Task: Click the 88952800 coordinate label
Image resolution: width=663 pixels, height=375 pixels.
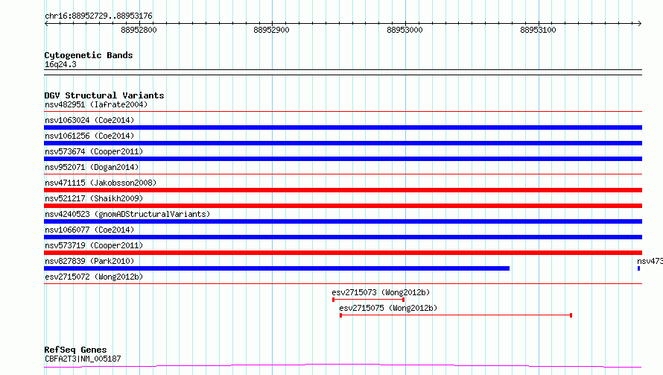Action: point(139,30)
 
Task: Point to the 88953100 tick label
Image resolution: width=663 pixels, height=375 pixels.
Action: point(538,30)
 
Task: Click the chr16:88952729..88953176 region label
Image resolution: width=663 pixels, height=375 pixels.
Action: point(98,16)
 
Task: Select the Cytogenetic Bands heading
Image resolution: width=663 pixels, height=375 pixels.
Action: point(89,55)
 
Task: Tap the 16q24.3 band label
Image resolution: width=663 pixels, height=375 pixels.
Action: point(60,64)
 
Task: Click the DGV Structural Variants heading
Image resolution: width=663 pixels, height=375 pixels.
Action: point(104,95)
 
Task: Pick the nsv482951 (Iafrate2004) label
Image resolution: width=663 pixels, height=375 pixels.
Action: point(96,104)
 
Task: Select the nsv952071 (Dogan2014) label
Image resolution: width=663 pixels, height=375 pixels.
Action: point(92,167)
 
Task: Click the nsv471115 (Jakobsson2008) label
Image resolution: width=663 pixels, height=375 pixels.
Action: point(101,183)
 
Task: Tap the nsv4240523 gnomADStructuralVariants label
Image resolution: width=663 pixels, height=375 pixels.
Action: point(127,214)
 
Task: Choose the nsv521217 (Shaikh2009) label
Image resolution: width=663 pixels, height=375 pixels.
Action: point(94,198)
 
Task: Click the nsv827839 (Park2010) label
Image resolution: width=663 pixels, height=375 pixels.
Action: point(89,261)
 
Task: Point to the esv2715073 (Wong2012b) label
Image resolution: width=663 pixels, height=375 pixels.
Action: point(381,292)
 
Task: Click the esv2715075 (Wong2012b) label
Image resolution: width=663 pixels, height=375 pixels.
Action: point(388,308)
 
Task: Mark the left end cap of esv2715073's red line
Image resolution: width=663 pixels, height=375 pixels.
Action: point(333,300)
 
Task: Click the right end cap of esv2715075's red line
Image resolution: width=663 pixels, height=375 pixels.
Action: point(571,315)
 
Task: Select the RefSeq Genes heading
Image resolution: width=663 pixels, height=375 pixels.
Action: point(75,350)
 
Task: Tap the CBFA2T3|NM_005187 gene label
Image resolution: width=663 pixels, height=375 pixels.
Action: point(83,359)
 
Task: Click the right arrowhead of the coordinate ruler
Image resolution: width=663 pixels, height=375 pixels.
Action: point(640,24)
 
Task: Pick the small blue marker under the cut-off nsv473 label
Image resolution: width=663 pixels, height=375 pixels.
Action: point(638,268)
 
